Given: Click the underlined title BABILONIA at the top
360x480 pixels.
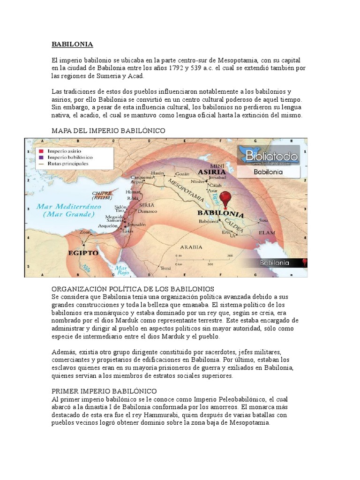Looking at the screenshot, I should pyautogui.click(x=72, y=45).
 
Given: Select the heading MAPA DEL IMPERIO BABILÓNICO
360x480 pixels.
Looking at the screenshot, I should pyautogui.click(x=108, y=131).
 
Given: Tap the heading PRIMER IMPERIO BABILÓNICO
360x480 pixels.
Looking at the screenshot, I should pyautogui.click(x=104, y=390).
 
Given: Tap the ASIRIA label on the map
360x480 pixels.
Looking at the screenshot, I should pyautogui.click(x=213, y=172).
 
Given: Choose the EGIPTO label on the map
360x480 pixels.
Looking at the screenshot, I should pyautogui.click(x=83, y=253).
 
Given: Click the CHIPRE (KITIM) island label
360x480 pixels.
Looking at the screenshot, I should pyautogui.click(x=102, y=194).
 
